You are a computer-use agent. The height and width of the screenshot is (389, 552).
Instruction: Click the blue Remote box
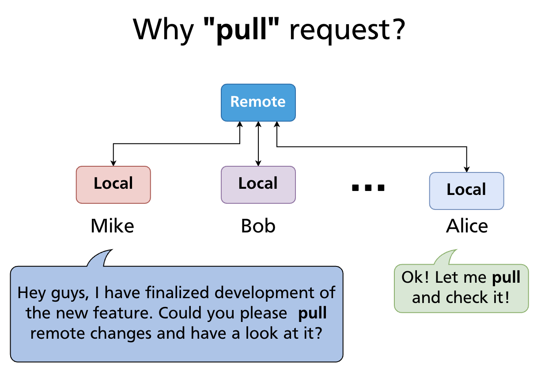click(x=258, y=102)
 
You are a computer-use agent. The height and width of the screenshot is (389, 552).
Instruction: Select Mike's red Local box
click(x=113, y=184)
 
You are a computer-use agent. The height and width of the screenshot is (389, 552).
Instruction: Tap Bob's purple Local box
click(x=258, y=184)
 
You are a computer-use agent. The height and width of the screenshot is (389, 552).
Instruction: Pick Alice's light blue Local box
click(x=466, y=191)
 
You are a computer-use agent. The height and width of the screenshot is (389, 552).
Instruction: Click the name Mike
click(x=112, y=226)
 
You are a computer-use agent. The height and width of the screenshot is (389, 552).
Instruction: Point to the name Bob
click(x=258, y=226)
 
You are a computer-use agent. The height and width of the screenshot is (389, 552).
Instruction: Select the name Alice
click(x=467, y=226)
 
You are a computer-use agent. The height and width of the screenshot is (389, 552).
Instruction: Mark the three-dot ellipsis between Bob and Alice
click(x=368, y=188)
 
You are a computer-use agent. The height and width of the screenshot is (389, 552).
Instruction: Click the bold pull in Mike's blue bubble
click(x=313, y=314)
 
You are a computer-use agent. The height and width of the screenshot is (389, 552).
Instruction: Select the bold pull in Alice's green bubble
click(x=507, y=277)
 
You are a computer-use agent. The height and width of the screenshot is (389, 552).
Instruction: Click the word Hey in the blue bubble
click(x=32, y=292)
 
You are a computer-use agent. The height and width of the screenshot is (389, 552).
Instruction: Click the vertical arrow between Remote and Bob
click(x=258, y=143)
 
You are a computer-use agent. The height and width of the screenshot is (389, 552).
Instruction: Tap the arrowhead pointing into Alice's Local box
click(x=467, y=169)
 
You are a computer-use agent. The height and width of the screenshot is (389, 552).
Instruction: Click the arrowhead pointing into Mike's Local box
click(x=113, y=163)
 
